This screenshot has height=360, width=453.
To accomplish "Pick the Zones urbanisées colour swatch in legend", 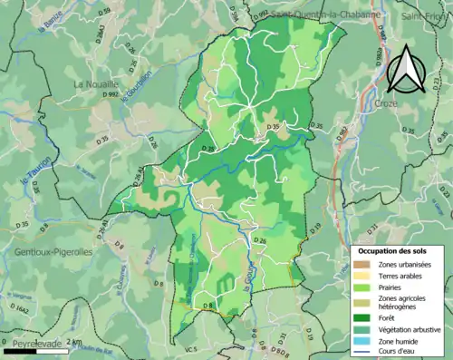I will tap(362, 264).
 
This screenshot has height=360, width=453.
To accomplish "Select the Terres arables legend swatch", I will tap(362, 275).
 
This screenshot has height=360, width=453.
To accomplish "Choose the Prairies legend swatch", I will tap(362, 287).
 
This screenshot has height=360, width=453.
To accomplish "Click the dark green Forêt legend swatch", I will tap(362, 317).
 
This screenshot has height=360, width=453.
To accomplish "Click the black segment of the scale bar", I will tap(25, 336).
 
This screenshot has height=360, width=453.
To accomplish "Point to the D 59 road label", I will tap(105, 11).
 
